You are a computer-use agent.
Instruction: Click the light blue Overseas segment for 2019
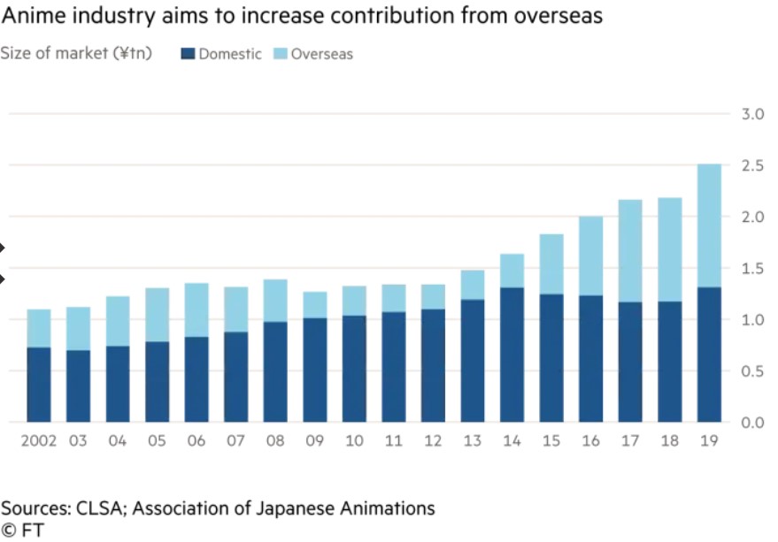[709, 225]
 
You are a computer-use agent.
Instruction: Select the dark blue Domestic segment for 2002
[38, 385]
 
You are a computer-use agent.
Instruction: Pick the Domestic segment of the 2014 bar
[512, 355]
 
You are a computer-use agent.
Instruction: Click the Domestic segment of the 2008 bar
[275, 371]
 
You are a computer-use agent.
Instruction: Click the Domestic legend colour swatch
[188, 54]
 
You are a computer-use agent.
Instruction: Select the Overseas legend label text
[322, 54]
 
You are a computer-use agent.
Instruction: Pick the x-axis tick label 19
[709, 440]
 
